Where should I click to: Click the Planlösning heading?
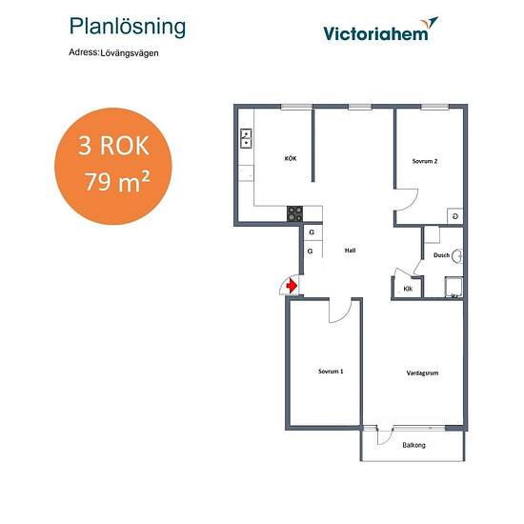(x=128, y=28)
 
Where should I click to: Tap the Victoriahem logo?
(x=380, y=30)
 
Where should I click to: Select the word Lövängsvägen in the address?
(x=130, y=53)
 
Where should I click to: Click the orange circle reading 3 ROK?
(x=113, y=166)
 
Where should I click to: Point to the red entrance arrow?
(x=292, y=286)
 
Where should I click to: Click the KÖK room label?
(x=291, y=158)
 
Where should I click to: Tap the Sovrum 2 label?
(x=425, y=161)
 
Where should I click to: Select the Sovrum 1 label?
(x=331, y=372)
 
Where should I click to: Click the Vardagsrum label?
(x=422, y=373)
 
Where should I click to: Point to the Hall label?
(x=350, y=251)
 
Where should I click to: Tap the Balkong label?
(x=413, y=445)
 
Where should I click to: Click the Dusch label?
(x=441, y=255)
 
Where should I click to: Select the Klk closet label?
(x=408, y=289)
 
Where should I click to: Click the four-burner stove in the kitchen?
(x=294, y=213)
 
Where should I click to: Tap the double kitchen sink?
(x=247, y=139)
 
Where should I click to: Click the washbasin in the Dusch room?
(x=457, y=256)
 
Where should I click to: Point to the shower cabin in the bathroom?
(x=453, y=287)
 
